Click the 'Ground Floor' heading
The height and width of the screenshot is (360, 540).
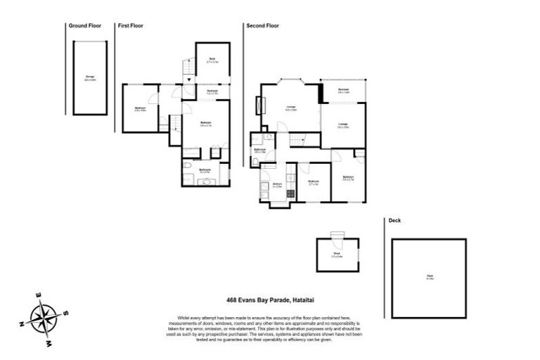coord(84,25)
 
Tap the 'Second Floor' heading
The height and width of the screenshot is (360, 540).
coord(262,25)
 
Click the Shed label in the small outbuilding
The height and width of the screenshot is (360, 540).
coord(336,255)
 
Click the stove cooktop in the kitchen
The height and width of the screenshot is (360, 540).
coord(290,193)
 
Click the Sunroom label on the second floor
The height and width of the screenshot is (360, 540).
coord(343,91)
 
